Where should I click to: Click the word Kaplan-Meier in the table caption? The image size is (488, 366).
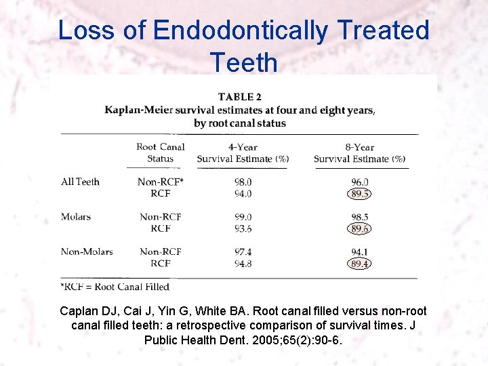point(138,110)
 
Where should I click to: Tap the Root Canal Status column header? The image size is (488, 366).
point(161,152)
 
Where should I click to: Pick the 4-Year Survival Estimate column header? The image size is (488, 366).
point(243,152)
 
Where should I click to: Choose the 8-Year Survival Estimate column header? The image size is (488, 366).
point(359,152)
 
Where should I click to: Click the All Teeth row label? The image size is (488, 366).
point(80,182)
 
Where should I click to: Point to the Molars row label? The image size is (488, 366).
point(76,217)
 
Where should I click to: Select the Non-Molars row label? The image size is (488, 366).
point(87,251)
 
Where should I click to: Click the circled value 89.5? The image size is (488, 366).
point(360,194)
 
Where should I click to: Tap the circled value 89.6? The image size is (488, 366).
point(360,229)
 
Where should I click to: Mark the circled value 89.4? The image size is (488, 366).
point(360,264)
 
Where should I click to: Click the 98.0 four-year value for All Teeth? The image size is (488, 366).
point(243,182)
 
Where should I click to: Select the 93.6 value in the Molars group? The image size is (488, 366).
point(243,229)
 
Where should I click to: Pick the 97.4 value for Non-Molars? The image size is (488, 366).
point(243,251)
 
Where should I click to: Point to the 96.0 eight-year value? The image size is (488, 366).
point(360,182)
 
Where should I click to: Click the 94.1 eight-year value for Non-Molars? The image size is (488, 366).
point(360,251)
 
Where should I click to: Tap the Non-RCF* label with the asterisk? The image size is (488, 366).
point(161,182)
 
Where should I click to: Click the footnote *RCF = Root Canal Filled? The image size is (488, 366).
point(115,287)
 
